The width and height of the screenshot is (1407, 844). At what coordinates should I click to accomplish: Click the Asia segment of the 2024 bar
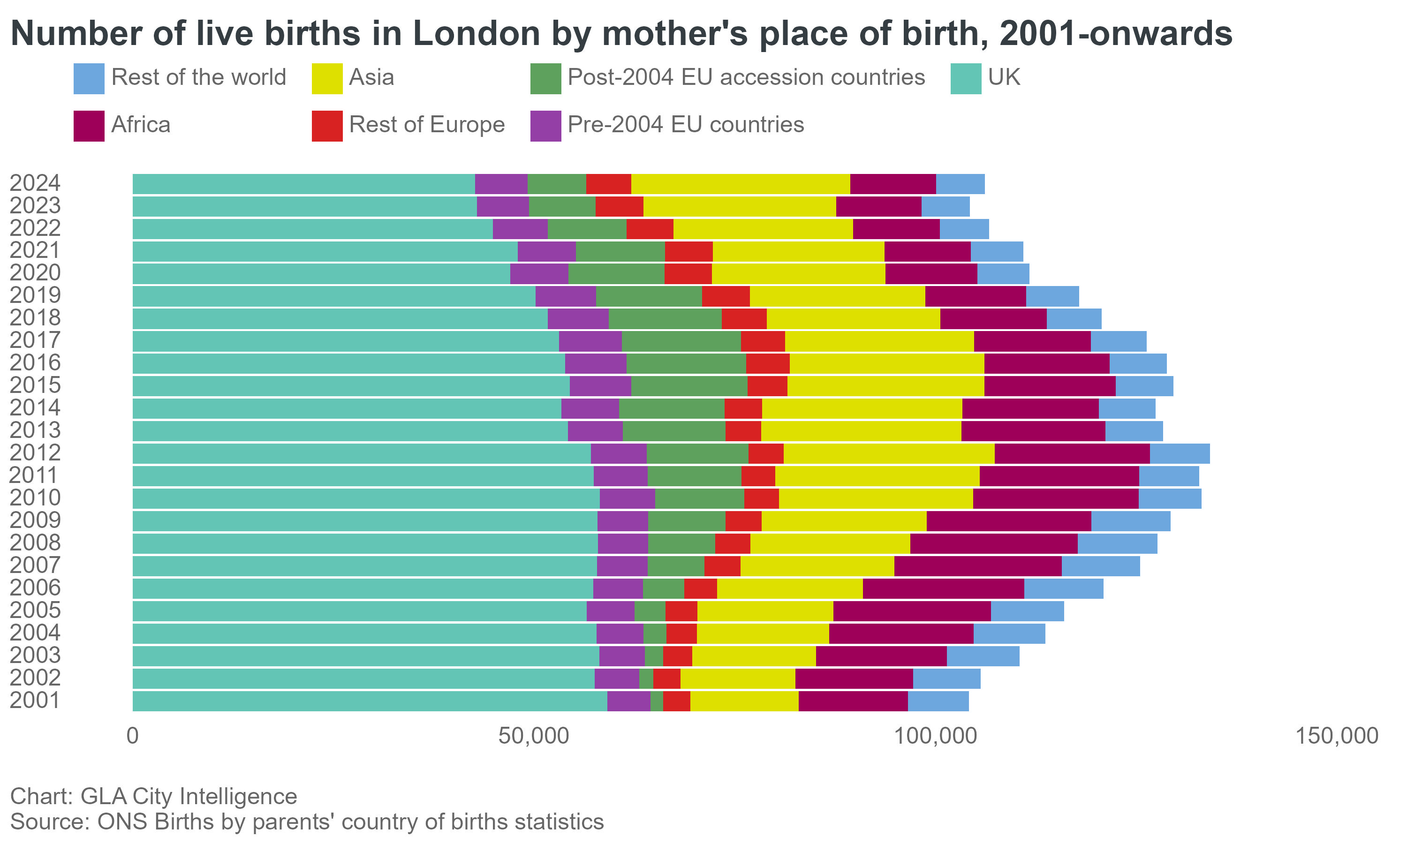pyautogui.click(x=741, y=184)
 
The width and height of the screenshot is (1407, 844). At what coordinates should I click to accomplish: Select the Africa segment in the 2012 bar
pyautogui.click(x=1072, y=454)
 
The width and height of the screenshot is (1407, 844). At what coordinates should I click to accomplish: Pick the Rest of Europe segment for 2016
pyautogui.click(x=768, y=364)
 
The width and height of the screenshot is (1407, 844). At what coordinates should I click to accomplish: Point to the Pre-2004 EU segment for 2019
pyautogui.click(x=565, y=296)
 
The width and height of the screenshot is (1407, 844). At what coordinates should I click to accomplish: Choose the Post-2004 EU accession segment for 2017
pyautogui.click(x=681, y=341)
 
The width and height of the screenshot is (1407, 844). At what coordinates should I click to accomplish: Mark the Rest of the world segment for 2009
pyautogui.click(x=1131, y=521)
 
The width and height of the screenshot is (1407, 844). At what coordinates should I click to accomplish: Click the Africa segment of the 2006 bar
pyautogui.click(x=943, y=588)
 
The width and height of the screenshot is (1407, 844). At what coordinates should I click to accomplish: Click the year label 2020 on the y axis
pyautogui.click(x=35, y=273)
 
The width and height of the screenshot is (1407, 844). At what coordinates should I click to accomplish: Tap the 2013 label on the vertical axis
pyautogui.click(x=35, y=431)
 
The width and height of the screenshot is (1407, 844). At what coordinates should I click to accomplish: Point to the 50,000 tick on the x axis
pyautogui.click(x=533, y=736)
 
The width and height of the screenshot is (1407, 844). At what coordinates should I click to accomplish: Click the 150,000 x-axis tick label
pyautogui.click(x=1337, y=736)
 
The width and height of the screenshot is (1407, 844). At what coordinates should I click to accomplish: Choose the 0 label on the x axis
pyautogui.click(x=133, y=736)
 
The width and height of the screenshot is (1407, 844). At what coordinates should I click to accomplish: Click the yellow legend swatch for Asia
pyautogui.click(x=327, y=78)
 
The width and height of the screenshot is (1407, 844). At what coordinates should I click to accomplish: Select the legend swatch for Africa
pyautogui.click(x=89, y=126)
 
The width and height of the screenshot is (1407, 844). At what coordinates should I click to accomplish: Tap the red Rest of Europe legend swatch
pyautogui.click(x=327, y=126)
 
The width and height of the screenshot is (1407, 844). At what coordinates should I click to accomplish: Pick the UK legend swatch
pyautogui.click(x=966, y=78)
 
